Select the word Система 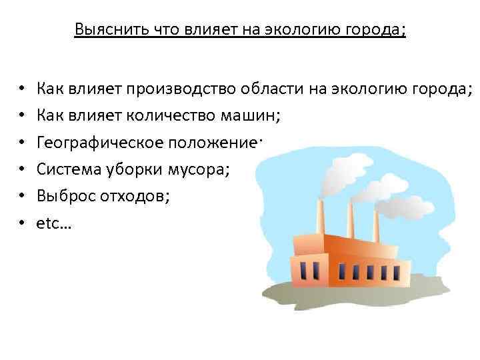click(x=63, y=170)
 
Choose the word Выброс click(x=61, y=197)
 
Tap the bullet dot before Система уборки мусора click(x=22, y=171)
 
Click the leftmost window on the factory click(x=305, y=269)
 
